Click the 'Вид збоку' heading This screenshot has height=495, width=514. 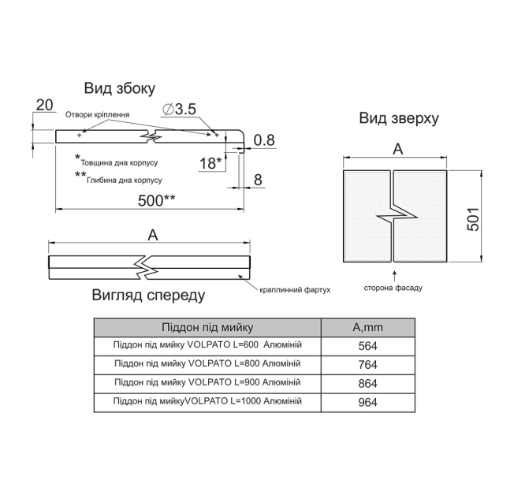click(120, 88)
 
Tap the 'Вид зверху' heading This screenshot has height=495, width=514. click(399, 118)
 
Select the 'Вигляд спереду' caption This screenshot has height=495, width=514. click(148, 295)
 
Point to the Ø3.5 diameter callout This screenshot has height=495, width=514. click(179, 109)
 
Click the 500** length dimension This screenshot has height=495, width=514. click(156, 200)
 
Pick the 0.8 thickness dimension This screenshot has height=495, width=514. click(264, 140)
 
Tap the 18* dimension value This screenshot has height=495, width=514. click(210, 163)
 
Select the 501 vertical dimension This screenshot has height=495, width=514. click(473, 219)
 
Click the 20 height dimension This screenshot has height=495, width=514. click(44, 105)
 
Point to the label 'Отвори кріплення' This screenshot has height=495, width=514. click(97, 114)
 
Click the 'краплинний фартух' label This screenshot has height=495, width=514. click(295, 290)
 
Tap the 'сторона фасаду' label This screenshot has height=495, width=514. click(393, 288)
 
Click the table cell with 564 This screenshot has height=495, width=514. click(368, 346)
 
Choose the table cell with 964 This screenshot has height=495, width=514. click(368, 402)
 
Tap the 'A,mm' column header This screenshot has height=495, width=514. click(368, 327)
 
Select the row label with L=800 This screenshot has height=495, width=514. click(207, 363)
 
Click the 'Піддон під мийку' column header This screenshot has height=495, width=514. click(207, 327)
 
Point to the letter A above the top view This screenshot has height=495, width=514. click(397, 150)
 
